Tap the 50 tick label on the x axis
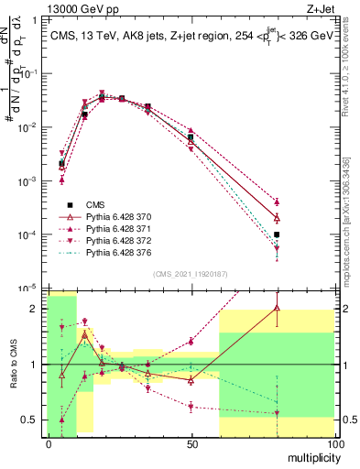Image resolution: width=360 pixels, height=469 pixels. click(x=191, y=443)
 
